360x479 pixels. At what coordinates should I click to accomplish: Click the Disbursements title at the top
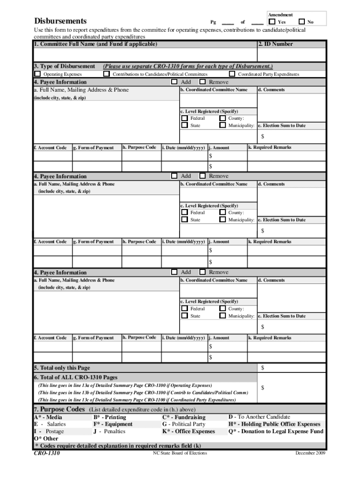60,21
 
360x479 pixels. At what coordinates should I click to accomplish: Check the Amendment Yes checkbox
273,22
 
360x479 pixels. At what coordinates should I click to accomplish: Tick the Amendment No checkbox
302,22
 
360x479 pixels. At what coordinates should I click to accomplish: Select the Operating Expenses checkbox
37,74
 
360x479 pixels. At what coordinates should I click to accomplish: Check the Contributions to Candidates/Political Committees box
107,74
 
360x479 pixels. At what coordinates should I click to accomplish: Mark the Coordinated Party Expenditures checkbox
232,74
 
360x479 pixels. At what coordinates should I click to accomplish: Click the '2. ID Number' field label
276,44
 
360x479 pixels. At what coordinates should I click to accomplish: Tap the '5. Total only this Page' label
62,368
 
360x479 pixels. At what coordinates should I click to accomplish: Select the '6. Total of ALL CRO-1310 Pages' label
75,377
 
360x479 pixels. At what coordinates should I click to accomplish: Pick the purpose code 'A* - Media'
48,417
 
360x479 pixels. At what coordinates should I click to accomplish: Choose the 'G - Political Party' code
184,424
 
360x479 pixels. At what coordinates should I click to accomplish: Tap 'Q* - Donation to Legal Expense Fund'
275,431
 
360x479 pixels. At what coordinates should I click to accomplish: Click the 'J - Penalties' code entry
109,431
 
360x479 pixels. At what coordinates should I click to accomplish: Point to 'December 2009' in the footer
310,453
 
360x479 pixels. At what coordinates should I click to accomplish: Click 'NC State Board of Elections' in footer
180,453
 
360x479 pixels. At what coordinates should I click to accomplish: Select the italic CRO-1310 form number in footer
47,453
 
